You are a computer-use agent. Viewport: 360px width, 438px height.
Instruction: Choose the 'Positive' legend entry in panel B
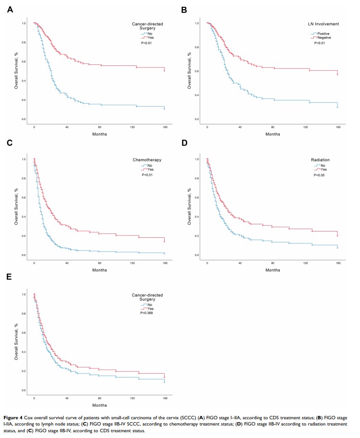tap(323, 33)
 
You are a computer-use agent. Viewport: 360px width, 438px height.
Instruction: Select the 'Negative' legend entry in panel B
tap(324, 37)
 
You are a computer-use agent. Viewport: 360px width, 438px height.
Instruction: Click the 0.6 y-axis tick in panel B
tap(196, 71)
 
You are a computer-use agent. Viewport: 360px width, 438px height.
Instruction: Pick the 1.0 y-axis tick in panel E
tap(23, 294)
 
